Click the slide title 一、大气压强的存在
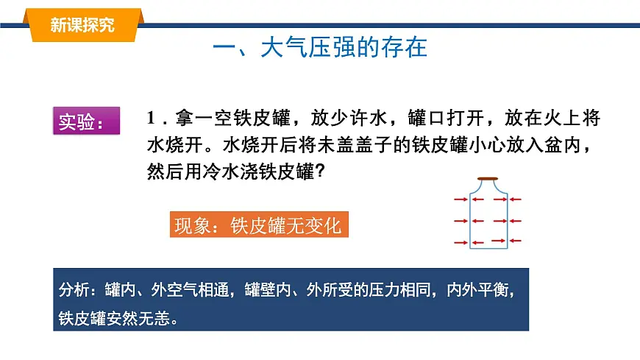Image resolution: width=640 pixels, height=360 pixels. [319, 49]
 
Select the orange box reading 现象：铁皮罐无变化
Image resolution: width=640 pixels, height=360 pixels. [257, 225]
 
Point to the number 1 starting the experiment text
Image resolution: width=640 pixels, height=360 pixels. [152, 119]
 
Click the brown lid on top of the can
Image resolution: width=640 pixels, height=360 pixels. [488, 179]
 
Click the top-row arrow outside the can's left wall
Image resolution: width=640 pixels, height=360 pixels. [461, 199]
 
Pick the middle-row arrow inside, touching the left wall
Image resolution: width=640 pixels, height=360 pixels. [478, 220]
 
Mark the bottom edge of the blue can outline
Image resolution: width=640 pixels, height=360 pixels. [488, 251]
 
